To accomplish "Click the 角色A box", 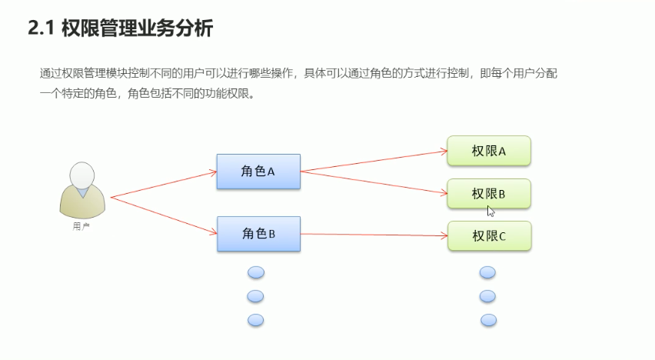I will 258,172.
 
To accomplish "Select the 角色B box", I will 258,234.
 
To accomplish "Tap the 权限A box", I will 489,151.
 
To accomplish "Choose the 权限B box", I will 489,194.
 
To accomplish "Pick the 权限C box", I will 489,236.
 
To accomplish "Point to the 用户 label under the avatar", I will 81,226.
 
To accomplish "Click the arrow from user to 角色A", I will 164,185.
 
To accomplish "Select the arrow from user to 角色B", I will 164,215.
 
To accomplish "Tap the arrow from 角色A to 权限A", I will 374,161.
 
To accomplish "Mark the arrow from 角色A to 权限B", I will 374,182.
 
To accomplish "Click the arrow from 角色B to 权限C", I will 374,235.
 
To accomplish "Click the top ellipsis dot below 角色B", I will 256,272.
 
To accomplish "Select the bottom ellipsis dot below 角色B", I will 256,320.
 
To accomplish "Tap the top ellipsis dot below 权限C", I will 487,272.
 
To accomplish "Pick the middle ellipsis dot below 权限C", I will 487,296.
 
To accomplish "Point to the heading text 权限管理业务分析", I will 136,29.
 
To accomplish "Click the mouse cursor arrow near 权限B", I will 490,211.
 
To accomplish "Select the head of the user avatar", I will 82,175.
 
